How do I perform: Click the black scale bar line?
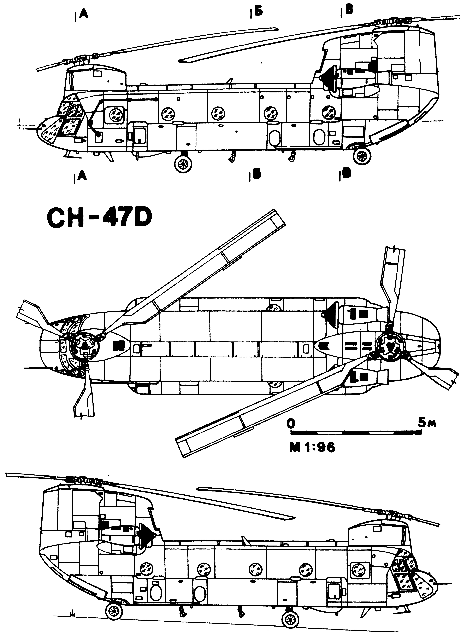click(x=356, y=433)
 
